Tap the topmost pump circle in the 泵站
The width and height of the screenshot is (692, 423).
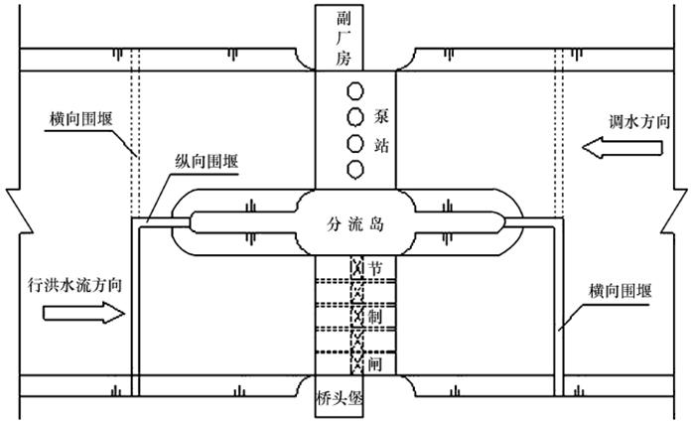(x=353, y=92)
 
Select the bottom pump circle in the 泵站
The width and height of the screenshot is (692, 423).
(x=353, y=168)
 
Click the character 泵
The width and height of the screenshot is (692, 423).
(x=383, y=115)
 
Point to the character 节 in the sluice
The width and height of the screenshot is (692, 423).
(x=375, y=268)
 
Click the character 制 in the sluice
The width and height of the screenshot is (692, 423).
(x=375, y=316)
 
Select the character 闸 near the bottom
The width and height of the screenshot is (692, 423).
(x=375, y=364)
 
